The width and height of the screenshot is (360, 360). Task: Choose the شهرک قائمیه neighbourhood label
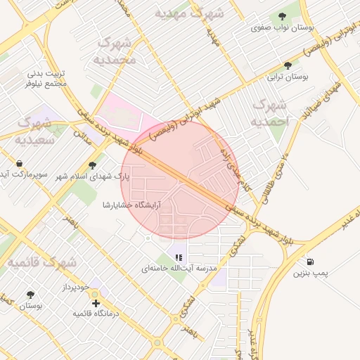pos(39,262)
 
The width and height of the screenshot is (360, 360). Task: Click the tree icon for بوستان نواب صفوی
pos(283,16)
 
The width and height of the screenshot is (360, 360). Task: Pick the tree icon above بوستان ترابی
pos(286,65)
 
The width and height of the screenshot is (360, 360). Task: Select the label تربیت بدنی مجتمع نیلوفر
pos(47,78)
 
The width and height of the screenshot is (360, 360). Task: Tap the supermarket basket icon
pos(18,164)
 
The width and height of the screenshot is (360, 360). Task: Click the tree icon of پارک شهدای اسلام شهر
pos(92,165)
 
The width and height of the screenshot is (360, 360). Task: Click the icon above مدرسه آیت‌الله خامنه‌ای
pos(179,257)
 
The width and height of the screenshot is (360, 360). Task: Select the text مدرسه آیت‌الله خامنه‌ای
pos(180,269)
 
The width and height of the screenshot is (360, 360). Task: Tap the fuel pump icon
pos(310,262)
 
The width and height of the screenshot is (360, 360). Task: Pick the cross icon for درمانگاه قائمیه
pos(96,303)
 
